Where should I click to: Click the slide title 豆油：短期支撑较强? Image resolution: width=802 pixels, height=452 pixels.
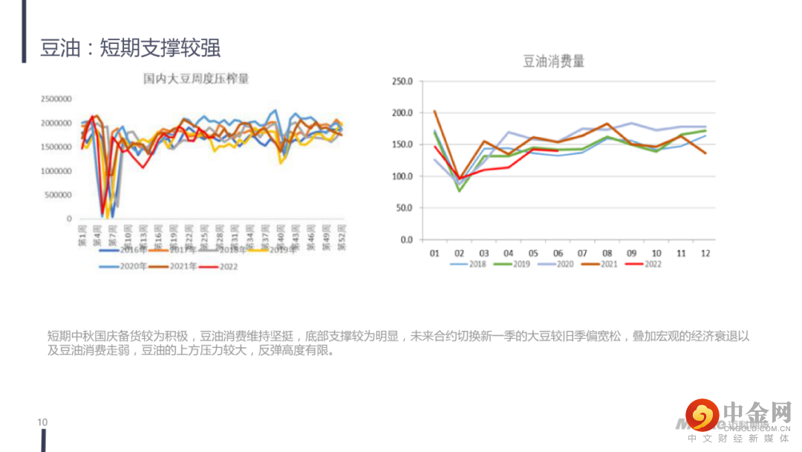point(131,48)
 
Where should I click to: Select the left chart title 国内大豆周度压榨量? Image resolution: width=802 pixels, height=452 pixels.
point(196,78)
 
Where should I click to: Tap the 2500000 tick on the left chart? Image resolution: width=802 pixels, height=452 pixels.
point(56,99)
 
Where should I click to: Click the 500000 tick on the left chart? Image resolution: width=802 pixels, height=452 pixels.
point(59,195)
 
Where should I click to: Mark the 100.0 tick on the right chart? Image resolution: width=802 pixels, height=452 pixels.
point(401,177)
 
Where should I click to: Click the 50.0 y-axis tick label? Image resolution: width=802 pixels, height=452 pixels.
point(403,208)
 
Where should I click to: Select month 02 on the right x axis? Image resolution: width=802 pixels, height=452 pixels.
point(459,254)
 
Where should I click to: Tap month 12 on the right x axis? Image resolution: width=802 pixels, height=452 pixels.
point(705,254)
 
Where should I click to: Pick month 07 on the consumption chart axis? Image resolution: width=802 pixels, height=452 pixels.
point(582,254)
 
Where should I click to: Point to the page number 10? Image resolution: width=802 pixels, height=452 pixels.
point(42,422)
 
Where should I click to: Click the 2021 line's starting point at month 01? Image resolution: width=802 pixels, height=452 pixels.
point(434,112)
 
